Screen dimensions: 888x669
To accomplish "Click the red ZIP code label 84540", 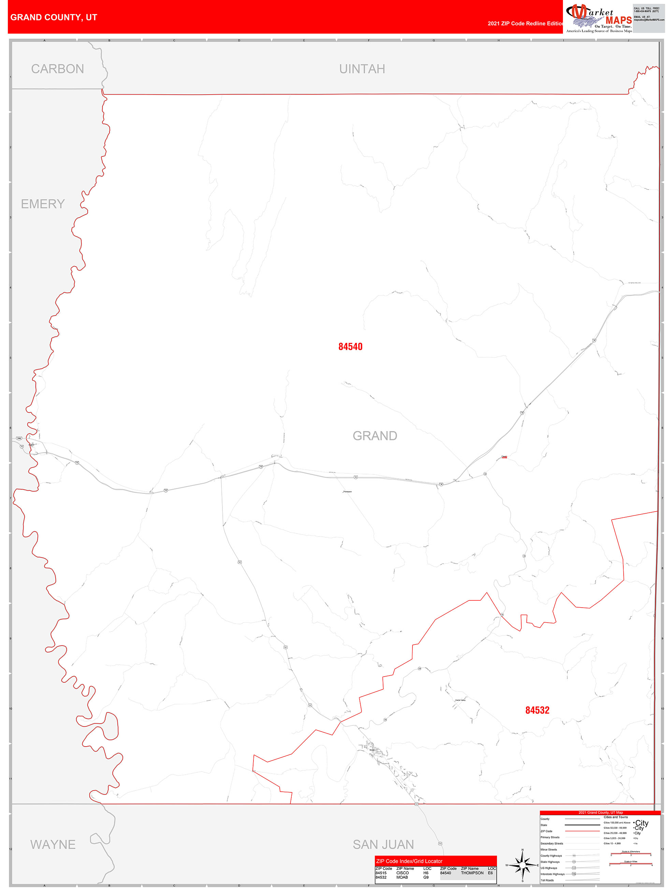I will coord(350,346).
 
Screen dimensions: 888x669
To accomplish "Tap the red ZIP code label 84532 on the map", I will coord(537,710).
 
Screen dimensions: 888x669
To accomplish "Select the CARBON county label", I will coord(57,69).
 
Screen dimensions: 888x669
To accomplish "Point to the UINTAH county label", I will coord(362,69).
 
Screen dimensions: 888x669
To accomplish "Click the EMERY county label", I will coord(43,204).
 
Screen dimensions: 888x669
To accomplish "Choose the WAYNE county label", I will coord(53,844).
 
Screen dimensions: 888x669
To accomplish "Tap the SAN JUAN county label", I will coord(383,844).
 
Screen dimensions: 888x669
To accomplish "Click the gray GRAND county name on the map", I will coord(375,435).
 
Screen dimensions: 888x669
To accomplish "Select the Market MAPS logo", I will coord(598,18).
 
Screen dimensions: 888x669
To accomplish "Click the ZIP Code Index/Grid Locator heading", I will coord(409,861).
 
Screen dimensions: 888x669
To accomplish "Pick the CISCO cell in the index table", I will coord(402,873).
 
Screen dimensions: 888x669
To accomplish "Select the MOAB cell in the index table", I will coord(402,877).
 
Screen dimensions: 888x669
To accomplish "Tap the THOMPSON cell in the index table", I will coord(472,873).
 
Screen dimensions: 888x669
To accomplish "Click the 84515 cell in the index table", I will coord(381,873).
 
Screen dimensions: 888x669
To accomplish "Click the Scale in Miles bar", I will coord(631,864).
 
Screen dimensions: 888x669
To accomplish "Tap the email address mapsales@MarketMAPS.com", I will coord(649,20).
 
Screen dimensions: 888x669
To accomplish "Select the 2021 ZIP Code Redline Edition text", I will coord(525,23).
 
